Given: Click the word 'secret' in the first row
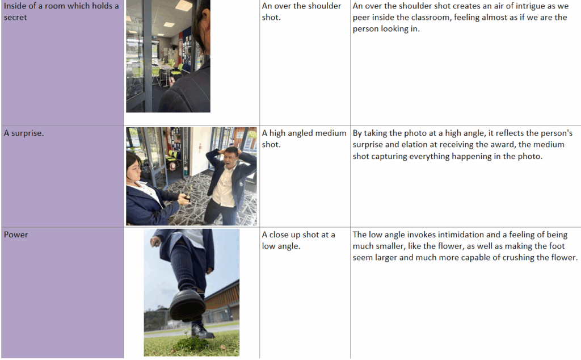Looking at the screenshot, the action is pyautogui.click(x=15, y=18).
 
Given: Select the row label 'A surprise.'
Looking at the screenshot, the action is pyautogui.click(x=24, y=133).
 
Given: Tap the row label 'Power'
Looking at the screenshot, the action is pyautogui.click(x=16, y=235).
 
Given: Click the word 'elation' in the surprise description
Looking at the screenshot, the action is pyautogui.click(x=414, y=145).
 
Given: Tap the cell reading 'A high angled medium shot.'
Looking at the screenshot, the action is pyautogui.click(x=304, y=139).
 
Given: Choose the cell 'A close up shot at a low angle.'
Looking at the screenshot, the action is pyautogui.click(x=298, y=240).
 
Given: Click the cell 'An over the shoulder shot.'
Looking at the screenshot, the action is pyautogui.click(x=301, y=11).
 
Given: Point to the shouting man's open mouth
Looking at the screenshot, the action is pyautogui.click(x=228, y=163).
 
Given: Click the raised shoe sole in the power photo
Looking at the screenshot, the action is pyautogui.click(x=187, y=308).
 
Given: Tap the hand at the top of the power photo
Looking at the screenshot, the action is pyautogui.click(x=155, y=242).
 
